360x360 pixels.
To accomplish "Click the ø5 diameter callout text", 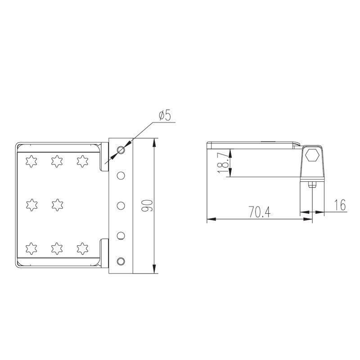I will tap(165, 116).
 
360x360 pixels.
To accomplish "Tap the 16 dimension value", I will tap(340, 206).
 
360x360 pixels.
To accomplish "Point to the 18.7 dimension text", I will tap(222, 162).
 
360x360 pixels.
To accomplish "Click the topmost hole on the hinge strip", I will tap(121, 150).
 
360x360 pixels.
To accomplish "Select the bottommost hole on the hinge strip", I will tap(121, 261).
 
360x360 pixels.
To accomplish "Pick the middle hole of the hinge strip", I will tap(121, 205).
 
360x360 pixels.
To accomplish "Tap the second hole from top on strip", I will tap(121, 175).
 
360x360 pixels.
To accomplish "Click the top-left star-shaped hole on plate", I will tap(31, 160).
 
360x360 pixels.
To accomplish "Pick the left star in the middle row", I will tap(31, 205).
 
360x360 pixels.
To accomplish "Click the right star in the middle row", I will tap(56, 205).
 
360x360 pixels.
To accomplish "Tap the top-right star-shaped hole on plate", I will tap(81, 160).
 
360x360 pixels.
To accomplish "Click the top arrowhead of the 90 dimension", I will tap(154, 142).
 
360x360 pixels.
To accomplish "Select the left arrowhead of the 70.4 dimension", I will tap(209, 220).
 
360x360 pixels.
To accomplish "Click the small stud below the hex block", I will tap(312, 184).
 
